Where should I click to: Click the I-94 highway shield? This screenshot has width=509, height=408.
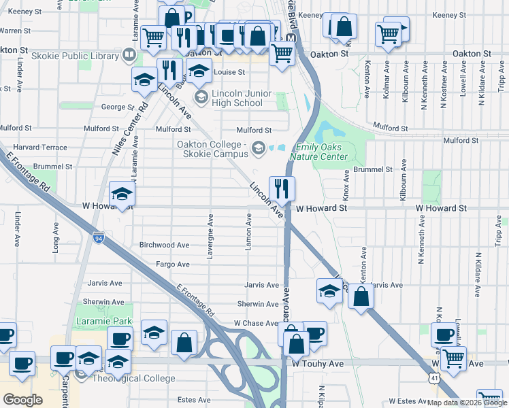[x=99, y=237]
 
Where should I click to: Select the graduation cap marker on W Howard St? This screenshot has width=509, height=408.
[x=122, y=194]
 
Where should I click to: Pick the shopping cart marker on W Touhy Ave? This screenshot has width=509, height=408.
[x=453, y=358]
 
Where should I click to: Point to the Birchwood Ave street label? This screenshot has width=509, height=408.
[x=163, y=245]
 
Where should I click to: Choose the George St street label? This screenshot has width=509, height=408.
[x=113, y=107]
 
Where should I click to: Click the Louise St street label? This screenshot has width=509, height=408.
[x=229, y=72]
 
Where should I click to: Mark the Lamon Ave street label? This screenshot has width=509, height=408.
[x=249, y=231]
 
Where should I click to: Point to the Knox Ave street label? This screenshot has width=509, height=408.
[x=346, y=184]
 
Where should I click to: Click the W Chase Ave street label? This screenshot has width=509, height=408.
[x=256, y=323]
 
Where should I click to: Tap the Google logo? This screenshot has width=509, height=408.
[x=22, y=400]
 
